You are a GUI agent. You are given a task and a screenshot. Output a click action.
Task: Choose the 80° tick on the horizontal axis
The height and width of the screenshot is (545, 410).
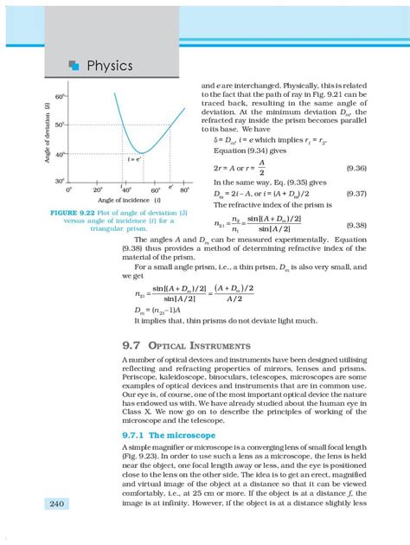coord(184,189)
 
